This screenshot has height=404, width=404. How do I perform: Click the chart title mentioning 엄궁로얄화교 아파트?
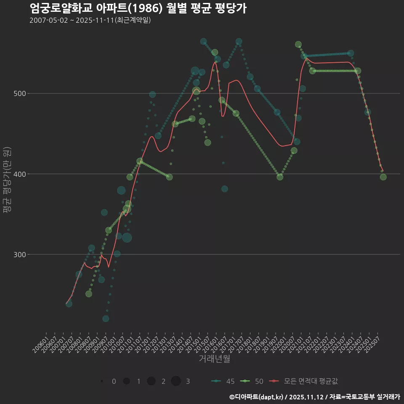tap(138, 8)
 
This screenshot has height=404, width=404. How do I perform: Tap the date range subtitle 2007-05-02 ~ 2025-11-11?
tap(90, 20)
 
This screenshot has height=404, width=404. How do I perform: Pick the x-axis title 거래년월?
tap(214, 359)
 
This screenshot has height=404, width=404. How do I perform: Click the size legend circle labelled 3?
tap(176, 381)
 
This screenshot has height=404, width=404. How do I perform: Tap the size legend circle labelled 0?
tap(102, 381)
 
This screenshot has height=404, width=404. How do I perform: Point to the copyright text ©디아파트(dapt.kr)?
tap(257, 397)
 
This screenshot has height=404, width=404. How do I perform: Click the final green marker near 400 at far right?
tap(383, 177)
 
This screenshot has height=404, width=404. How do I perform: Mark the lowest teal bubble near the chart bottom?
tap(106, 319)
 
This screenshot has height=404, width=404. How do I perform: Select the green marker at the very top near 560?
tap(298, 45)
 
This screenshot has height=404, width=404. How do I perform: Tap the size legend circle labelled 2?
tap(151, 381)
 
